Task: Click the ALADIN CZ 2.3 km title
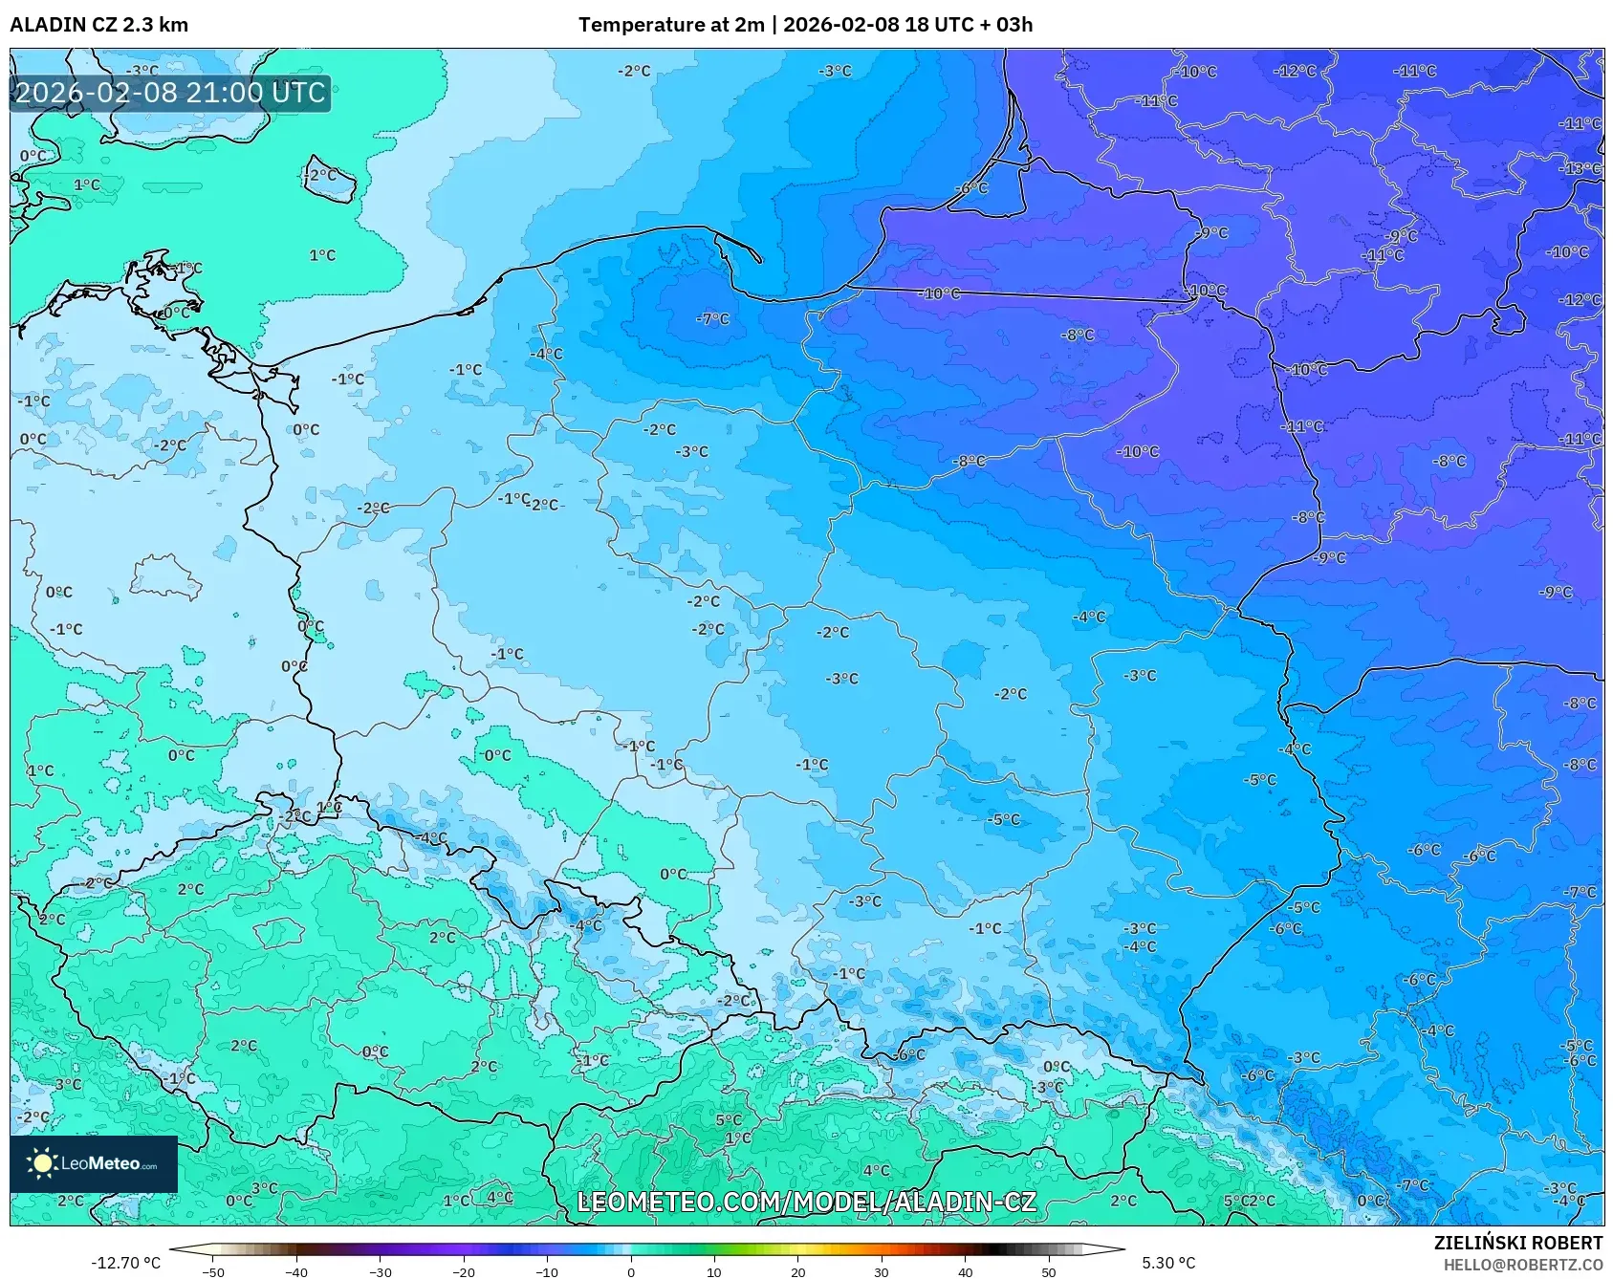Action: coord(98,25)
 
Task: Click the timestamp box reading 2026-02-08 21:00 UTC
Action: coord(170,93)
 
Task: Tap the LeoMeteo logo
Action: coord(93,1163)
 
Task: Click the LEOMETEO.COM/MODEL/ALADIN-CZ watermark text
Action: coord(806,1202)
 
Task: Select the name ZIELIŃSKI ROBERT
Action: coord(1517,1243)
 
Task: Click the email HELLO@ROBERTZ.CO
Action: coord(1522,1265)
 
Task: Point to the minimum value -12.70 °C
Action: coord(125,1263)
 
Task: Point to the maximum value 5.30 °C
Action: coord(1168,1263)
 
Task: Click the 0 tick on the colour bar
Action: coord(630,1271)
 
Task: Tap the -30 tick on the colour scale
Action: coord(380,1271)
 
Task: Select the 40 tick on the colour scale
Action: coord(965,1271)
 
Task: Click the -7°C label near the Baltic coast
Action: coord(712,318)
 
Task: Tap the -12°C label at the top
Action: coord(1295,71)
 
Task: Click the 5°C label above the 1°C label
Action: coord(729,1119)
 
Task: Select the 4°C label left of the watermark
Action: coord(500,1196)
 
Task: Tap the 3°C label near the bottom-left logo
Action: coord(265,1188)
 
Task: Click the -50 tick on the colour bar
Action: coord(213,1271)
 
